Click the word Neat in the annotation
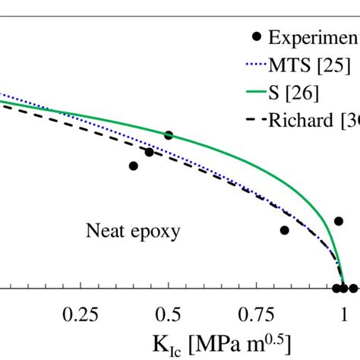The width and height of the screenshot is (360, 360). pyautogui.click(x=105, y=230)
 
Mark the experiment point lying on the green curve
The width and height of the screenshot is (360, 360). pyautogui.click(x=169, y=135)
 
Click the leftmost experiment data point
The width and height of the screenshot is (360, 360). pyautogui.click(x=134, y=166)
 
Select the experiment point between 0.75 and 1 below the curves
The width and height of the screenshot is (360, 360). pyautogui.click(x=285, y=230)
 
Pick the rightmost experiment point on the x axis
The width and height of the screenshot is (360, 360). pyautogui.click(x=353, y=288)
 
